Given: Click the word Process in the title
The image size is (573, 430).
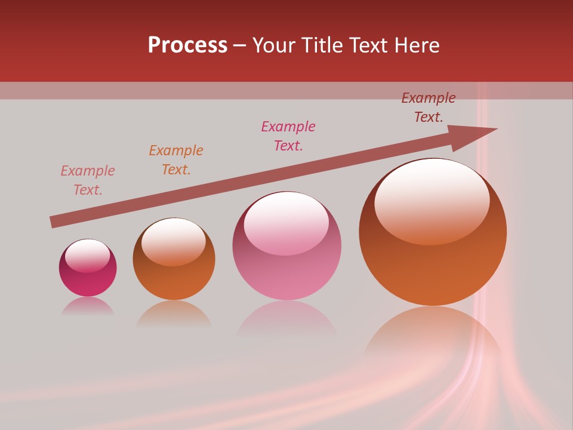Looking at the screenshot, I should pyautogui.click(x=187, y=45).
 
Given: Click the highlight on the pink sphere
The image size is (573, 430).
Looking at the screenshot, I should pyautogui.click(x=286, y=221).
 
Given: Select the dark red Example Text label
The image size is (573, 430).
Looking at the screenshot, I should pyautogui.click(x=428, y=107).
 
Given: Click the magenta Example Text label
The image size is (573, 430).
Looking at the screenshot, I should pyautogui.click(x=288, y=136).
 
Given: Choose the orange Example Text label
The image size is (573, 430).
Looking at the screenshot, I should pyautogui.click(x=175, y=160).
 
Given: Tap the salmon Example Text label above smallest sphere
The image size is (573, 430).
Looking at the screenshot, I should pyautogui.click(x=88, y=180).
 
